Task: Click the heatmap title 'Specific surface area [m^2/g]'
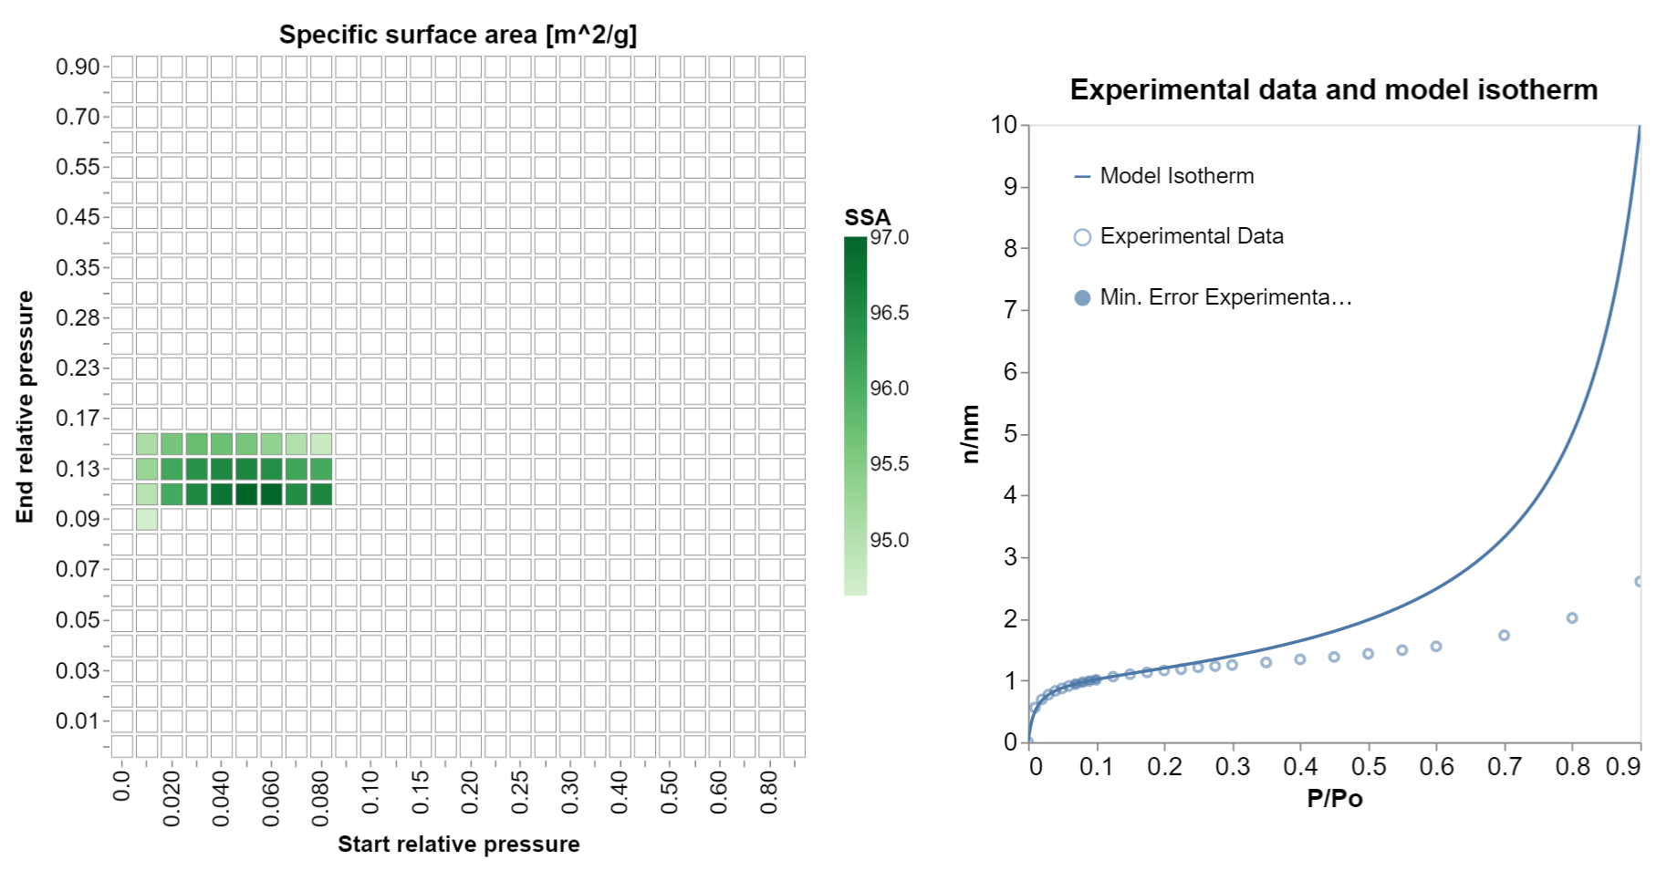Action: [x=458, y=35]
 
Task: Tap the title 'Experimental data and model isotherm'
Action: [x=1333, y=89]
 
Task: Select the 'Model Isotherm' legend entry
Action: [x=1176, y=176]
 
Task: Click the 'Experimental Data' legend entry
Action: [x=1191, y=236]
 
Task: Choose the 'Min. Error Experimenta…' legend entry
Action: [x=1224, y=297]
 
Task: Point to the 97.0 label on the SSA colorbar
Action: [x=889, y=238]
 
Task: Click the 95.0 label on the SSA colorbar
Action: [x=889, y=540]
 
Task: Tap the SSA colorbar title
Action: [x=867, y=217]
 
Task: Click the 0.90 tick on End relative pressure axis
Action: [x=78, y=67]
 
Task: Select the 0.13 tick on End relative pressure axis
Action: [x=78, y=469]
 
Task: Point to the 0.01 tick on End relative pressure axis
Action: [x=78, y=720]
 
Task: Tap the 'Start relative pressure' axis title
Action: [x=458, y=844]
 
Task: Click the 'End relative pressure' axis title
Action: [x=25, y=407]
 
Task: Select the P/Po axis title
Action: [x=1334, y=799]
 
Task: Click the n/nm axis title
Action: [x=970, y=434]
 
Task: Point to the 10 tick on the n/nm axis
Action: [x=1004, y=125]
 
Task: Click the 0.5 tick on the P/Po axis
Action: [x=1368, y=766]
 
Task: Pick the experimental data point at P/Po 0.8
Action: [x=1572, y=618]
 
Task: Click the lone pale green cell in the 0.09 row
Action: [x=147, y=519]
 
